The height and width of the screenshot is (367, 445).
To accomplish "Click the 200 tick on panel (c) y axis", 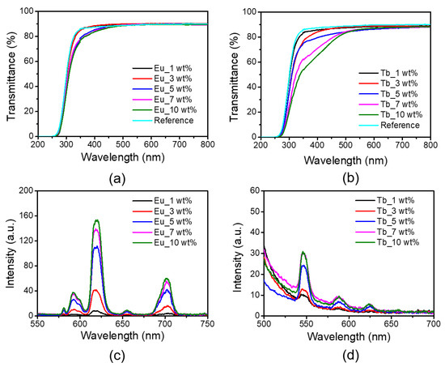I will (x=25, y=190).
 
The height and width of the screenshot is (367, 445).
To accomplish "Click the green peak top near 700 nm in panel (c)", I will (x=167, y=279).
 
